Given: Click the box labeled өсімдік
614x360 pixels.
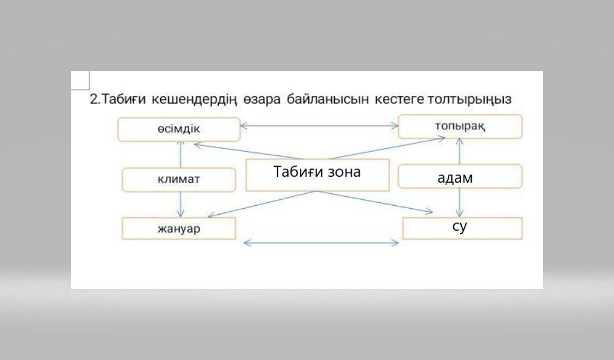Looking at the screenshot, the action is [179, 129].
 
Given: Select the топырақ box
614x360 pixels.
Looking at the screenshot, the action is [460, 126].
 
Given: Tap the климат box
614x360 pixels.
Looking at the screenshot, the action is [179, 180].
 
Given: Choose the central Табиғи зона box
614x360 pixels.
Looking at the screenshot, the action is [318, 175].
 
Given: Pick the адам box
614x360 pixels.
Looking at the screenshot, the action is [460, 176].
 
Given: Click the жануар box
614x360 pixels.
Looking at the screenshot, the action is [179, 228].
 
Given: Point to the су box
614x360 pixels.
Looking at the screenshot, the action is [462, 228].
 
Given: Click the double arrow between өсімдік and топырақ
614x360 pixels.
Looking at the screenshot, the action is [319, 126].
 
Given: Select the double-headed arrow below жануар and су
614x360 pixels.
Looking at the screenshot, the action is [321, 243].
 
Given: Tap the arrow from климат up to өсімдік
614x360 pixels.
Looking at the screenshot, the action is [181, 154].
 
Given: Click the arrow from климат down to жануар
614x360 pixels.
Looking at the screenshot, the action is [181, 205].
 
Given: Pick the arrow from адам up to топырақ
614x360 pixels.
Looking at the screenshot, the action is [460, 151].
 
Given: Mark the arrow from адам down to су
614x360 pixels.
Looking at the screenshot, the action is [460, 203].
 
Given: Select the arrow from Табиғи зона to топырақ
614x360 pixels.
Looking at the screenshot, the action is [388, 148].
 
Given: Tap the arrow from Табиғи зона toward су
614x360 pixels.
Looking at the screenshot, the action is [375, 202].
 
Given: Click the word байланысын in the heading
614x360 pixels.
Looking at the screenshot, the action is [328, 100].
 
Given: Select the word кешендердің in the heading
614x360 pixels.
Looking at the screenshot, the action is [194, 100].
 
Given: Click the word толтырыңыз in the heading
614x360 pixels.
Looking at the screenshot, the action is [469, 100].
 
